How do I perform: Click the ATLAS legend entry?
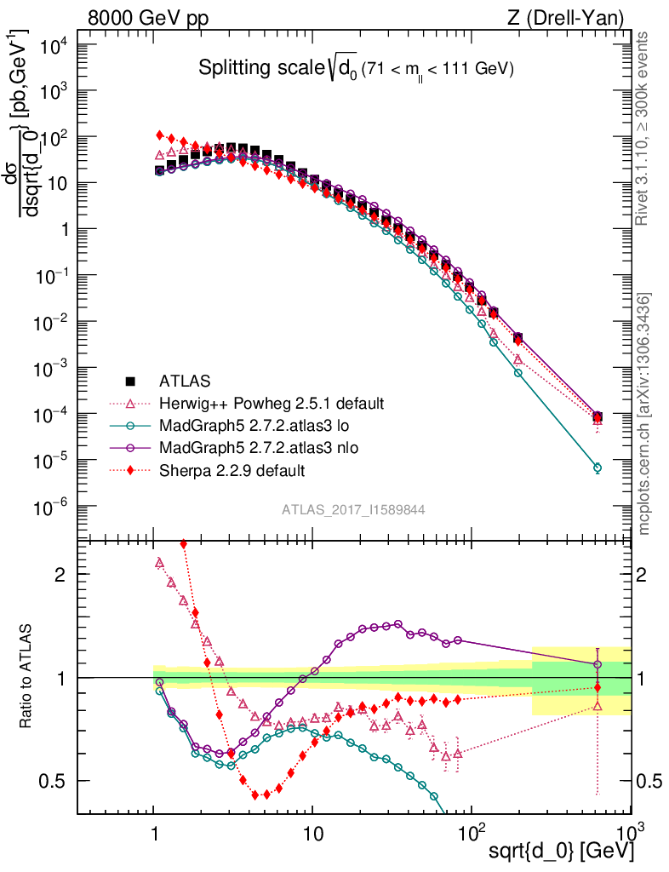184,381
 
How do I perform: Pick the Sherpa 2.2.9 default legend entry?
232,469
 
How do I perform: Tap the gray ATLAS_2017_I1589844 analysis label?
353,509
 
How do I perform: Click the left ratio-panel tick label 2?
62,575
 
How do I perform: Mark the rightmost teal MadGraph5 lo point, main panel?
598,468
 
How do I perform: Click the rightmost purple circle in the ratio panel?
598,664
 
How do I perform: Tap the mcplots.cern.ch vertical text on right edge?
645,413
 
